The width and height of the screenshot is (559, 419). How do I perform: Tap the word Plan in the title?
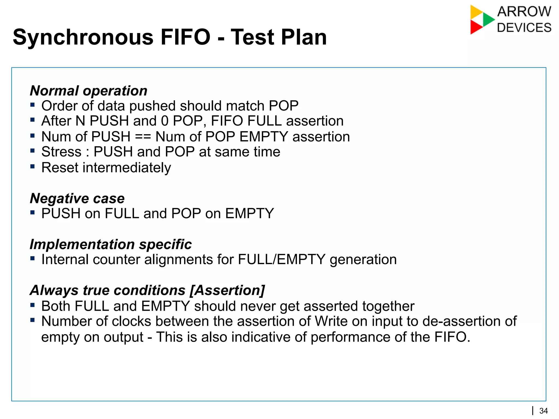pyautogui.click(x=304, y=37)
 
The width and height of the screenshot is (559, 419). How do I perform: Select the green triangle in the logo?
pyautogui.click(x=488, y=19)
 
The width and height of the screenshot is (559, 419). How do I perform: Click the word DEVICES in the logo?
pyautogui.click(x=524, y=28)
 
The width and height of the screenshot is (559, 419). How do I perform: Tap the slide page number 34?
pyautogui.click(x=543, y=411)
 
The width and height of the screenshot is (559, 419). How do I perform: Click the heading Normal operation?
pyautogui.click(x=88, y=91)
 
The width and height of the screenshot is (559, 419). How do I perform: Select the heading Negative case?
pyautogui.click(x=77, y=198)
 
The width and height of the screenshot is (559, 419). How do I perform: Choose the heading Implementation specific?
pyautogui.click(x=111, y=244)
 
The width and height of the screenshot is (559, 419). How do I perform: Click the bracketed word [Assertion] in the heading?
pyautogui.click(x=227, y=290)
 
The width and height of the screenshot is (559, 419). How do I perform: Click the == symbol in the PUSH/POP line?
pyautogui.click(x=143, y=137)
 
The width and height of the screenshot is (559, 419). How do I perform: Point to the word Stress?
pyautogui.click(x=61, y=152)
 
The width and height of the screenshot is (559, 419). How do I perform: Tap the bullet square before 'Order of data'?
pyautogui.click(x=32, y=105)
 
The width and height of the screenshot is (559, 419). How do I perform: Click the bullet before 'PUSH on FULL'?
pyautogui.click(x=32, y=212)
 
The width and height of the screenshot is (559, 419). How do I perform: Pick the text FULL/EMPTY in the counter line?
pyautogui.click(x=281, y=259)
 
